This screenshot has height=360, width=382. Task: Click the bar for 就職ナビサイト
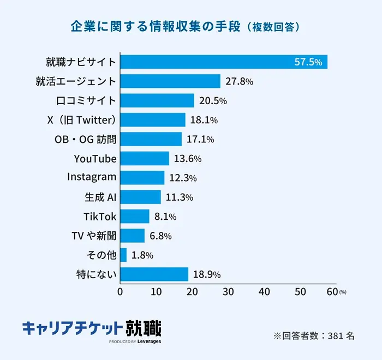[224, 62]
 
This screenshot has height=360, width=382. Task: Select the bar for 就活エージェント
[170, 81]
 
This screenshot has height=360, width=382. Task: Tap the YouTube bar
[145, 159]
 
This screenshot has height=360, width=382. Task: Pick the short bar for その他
[123, 255]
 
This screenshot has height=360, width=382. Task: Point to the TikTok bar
[135, 217]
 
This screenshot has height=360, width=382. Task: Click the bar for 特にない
[154, 274]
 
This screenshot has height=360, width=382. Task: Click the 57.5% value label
[308, 62]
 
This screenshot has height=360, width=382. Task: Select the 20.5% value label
[212, 101]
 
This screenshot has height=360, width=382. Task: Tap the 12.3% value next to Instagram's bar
[182, 178]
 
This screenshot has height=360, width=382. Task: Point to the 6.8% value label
[160, 236]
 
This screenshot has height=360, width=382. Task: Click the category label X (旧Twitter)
[81, 120]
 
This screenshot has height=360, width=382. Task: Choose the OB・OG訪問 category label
[86, 139]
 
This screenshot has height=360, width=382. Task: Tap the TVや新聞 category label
[94, 236]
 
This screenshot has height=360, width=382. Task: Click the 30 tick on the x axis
[228, 292]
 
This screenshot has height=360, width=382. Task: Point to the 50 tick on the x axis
[301, 292]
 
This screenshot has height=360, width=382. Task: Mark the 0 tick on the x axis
[120, 292]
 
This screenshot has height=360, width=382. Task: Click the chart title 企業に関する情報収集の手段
[156, 26]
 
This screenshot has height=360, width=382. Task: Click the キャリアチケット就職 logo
[92, 329]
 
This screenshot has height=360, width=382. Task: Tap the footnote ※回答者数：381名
[314, 335]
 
